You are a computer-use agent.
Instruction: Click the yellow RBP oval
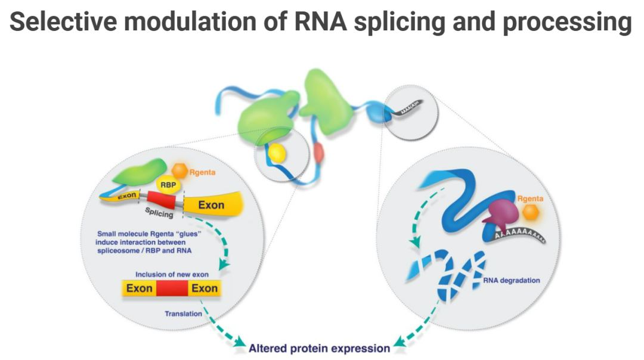pyautogui.click(x=168, y=185)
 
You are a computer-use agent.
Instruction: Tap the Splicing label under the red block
pyautogui.click(x=159, y=213)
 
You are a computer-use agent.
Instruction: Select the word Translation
pyautogui.click(x=183, y=313)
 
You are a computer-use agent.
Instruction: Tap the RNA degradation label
pyautogui.click(x=512, y=280)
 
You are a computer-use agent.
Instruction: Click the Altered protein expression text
pyautogui.click(x=319, y=347)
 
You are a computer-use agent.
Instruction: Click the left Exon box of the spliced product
pyautogui.click(x=140, y=289)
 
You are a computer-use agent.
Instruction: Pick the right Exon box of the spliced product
pyautogui.click(x=204, y=289)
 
